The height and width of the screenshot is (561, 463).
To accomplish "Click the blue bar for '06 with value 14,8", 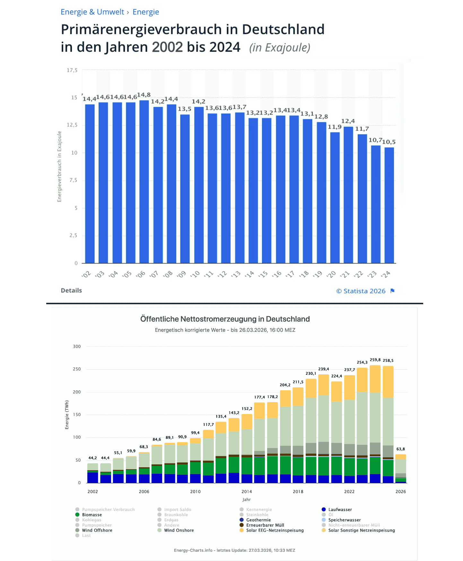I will pyautogui.click(x=144, y=181).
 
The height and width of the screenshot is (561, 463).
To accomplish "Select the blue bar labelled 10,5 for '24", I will pyautogui.click(x=389, y=205).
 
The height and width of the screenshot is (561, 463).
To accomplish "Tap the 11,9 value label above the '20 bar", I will pyautogui.click(x=335, y=127).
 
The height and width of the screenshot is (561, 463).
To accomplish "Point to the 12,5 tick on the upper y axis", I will pyautogui.click(x=72, y=125).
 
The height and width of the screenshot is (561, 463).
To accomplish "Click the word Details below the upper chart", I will pyautogui.click(x=71, y=290).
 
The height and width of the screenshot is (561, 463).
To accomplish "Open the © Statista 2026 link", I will pyautogui.click(x=361, y=291).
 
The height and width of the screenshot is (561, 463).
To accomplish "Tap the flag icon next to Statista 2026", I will pyautogui.click(x=392, y=291).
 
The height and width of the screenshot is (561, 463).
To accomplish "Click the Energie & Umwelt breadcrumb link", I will pyautogui.click(x=92, y=12).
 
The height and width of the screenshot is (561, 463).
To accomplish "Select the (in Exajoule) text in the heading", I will pyautogui.click(x=280, y=47).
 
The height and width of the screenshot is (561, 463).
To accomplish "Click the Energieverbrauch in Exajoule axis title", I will pyautogui.click(x=59, y=167).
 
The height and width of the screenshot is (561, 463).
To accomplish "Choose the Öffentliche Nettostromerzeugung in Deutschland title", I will pyautogui.click(x=225, y=319).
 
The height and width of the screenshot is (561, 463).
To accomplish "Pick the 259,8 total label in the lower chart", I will pyautogui.click(x=375, y=360).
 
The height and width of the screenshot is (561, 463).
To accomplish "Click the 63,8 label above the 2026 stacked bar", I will pyautogui.click(x=400, y=449).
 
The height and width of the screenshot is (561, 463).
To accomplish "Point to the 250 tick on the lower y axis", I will pyautogui.click(x=77, y=369).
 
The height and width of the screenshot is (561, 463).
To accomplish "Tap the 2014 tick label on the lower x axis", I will pyautogui.click(x=247, y=491).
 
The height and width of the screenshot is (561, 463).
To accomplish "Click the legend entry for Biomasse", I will pyautogui.click(x=92, y=515).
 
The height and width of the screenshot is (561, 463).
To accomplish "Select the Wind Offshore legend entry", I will pyautogui.click(x=97, y=530).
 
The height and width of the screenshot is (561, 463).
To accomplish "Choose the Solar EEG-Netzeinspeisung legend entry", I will pyautogui.click(x=275, y=530).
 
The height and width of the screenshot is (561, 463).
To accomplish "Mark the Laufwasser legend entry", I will pyautogui.click(x=340, y=510).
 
